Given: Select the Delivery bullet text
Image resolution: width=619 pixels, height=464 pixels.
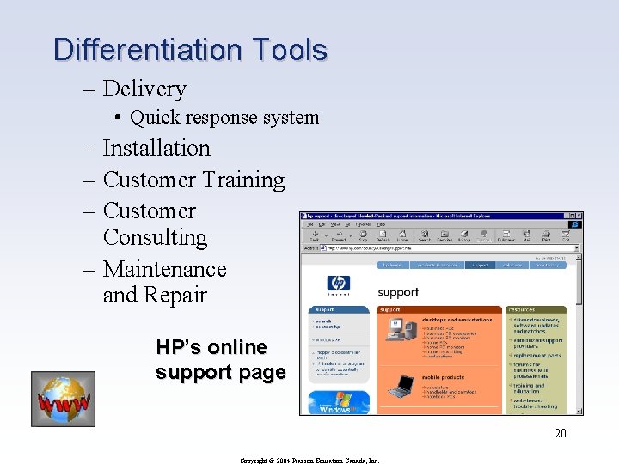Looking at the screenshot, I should (144, 89).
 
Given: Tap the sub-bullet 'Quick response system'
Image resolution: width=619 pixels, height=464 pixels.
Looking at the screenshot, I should (224, 118).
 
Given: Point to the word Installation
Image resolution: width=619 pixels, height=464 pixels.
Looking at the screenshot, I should (156, 148).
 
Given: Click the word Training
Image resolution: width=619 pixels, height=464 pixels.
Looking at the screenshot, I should (242, 180).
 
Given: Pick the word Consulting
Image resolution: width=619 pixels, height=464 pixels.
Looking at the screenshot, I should (155, 237).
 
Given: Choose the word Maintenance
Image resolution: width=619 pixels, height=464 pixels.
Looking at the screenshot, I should (164, 269).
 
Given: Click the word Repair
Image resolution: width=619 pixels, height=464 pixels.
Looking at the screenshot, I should (181, 296).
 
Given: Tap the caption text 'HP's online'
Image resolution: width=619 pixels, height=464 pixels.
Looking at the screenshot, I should (211, 347).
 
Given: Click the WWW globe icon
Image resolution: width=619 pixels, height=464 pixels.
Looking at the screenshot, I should (63, 399).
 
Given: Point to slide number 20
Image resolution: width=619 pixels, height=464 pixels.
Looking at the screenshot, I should (560, 433).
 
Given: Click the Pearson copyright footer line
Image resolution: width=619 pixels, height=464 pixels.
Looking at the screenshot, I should (310, 459).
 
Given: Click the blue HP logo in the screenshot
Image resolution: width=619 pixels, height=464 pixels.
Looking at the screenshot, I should (339, 284).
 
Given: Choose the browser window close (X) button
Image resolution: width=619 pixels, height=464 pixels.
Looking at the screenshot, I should (579, 217).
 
